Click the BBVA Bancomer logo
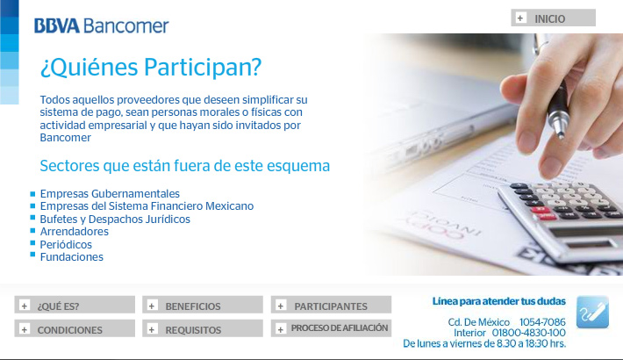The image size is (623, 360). (x=101, y=25)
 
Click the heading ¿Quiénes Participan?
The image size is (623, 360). (x=151, y=67)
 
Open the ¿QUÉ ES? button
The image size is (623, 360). (x=75, y=305)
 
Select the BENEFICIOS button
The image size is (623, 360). (x=203, y=305)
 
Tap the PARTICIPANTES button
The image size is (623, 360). (x=331, y=305)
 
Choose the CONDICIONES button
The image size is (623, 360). (x=75, y=328)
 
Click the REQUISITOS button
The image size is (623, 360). (x=203, y=328)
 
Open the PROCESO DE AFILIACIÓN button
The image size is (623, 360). (x=331, y=328)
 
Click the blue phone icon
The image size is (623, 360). (x=592, y=313)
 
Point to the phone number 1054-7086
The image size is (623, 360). (x=542, y=322)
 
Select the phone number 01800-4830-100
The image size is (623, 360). (x=529, y=333)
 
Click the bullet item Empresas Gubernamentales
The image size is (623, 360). (x=110, y=194)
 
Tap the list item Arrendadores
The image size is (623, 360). (x=75, y=232)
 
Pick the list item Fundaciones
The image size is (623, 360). (x=72, y=257)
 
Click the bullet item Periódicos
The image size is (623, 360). (x=66, y=244)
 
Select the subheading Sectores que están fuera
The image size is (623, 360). (x=185, y=166)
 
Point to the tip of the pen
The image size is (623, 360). (x=561, y=137)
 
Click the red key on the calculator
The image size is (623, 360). (x=541, y=211)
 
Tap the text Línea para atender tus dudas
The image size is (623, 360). (x=498, y=301)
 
